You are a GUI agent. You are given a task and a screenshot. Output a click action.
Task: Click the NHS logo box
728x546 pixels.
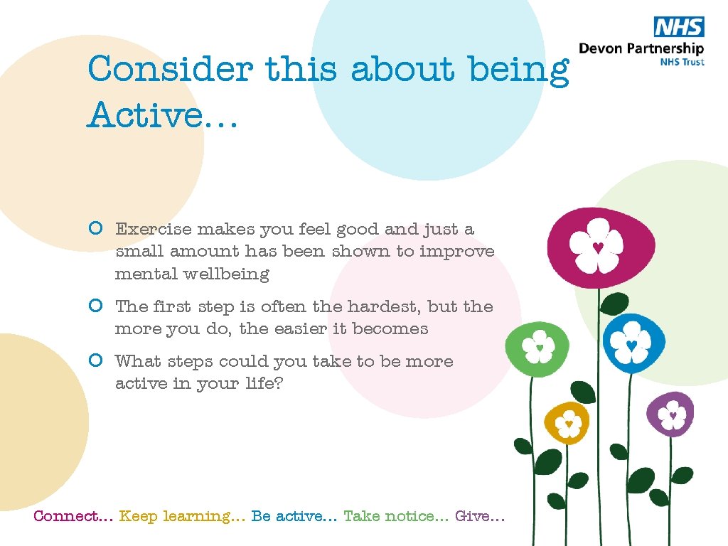[678, 28]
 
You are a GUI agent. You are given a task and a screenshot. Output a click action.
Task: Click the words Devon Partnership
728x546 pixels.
[641, 48]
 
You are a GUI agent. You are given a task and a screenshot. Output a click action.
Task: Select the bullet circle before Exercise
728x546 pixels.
[97, 229]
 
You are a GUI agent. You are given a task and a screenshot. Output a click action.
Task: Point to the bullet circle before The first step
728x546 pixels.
[97, 306]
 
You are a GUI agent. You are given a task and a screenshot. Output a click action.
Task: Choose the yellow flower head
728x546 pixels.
[567, 423]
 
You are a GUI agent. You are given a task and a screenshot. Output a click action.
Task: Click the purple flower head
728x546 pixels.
[670, 413]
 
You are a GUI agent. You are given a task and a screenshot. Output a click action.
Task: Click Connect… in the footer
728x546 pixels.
[73, 516]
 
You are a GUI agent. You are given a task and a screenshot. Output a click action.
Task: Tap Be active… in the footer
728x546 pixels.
[294, 516]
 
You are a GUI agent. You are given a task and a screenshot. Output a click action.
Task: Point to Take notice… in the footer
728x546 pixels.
[395, 516]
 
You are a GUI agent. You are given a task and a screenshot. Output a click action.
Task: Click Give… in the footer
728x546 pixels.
[480, 516]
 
